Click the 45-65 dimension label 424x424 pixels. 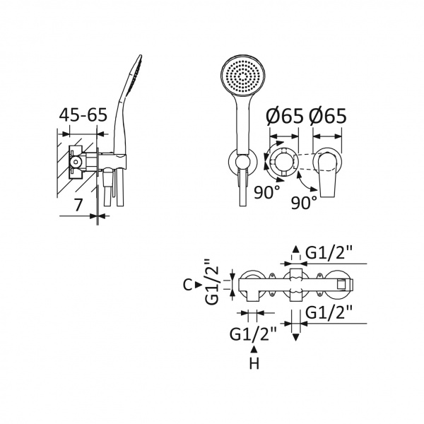pos(83,115)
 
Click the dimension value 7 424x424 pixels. pos(78,205)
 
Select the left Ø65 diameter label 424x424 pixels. pos(285,117)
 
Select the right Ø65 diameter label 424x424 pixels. pos(327,117)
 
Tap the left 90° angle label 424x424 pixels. pos(267,192)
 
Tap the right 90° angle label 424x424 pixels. pos(304,202)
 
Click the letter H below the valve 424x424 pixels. pos(254,363)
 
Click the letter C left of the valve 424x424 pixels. pos(188,285)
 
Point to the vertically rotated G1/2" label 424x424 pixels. pos(212,282)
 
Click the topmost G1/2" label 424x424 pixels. pos(329,254)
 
